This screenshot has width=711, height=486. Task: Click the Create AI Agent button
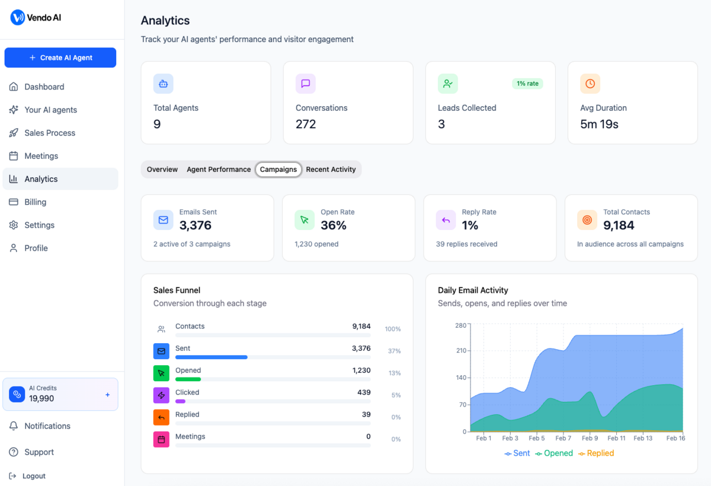(x=60, y=57)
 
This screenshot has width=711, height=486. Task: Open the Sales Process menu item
(x=50, y=133)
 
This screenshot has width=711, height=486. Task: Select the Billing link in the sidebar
(x=35, y=202)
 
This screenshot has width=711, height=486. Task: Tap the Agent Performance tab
(x=219, y=170)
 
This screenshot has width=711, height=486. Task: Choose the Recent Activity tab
(x=331, y=170)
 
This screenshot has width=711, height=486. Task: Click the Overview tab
(x=162, y=170)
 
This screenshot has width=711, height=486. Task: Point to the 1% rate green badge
(x=527, y=84)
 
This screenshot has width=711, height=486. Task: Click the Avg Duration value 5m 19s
(x=599, y=124)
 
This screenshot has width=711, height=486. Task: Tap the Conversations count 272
(x=306, y=124)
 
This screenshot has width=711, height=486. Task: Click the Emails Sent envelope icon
(x=163, y=220)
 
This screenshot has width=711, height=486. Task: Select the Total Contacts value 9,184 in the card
(x=619, y=225)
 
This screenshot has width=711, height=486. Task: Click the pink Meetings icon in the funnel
(x=161, y=439)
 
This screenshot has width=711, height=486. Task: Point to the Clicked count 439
(x=364, y=392)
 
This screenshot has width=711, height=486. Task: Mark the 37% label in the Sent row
(x=394, y=351)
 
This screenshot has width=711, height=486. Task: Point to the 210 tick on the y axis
(x=460, y=350)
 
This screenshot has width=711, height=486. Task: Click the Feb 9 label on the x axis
(x=590, y=439)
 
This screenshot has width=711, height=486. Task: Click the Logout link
(x=34, y=476)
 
